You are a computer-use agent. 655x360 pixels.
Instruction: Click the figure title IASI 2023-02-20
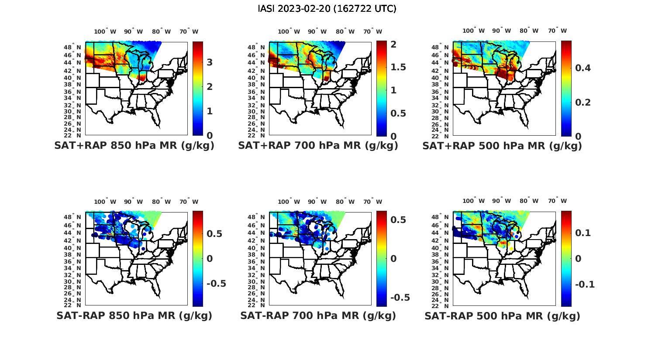tap(327, 9)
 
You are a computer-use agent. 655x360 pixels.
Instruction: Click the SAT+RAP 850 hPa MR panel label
tap(134, 146)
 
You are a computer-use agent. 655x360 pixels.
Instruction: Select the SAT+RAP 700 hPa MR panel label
tap(318, 146)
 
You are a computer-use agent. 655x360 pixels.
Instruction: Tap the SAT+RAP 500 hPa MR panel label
tap(502, 146)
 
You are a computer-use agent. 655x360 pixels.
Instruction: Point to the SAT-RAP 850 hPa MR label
tap(134, 315)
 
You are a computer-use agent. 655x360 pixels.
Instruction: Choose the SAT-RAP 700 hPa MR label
tap(318, 315)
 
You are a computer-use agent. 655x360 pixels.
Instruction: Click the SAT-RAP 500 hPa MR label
tap(502, 316)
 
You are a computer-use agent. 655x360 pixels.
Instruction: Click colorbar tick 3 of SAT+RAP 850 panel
tap(210, 62)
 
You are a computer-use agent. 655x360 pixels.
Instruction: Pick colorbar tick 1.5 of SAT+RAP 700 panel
tap(398, 67)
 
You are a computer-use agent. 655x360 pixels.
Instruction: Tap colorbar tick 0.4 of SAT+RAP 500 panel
tap(583, 68)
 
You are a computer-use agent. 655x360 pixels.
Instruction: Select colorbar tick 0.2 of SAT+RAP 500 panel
tap(583, 102)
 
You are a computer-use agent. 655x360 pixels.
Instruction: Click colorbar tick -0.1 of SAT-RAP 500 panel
tap(585, 285)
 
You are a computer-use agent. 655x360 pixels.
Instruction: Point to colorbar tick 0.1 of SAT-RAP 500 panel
tap(583, 233)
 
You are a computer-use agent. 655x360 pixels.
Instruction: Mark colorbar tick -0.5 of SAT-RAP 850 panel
tap(216, 284)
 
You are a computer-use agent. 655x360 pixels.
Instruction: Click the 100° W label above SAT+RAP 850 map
tap(105, 31)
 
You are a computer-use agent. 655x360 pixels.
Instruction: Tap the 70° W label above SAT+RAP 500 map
tap(557, 31)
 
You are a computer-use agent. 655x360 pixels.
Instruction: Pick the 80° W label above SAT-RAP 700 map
tap(345, 202)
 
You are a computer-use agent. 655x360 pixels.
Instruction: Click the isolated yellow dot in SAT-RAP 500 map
tap(511, 248)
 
